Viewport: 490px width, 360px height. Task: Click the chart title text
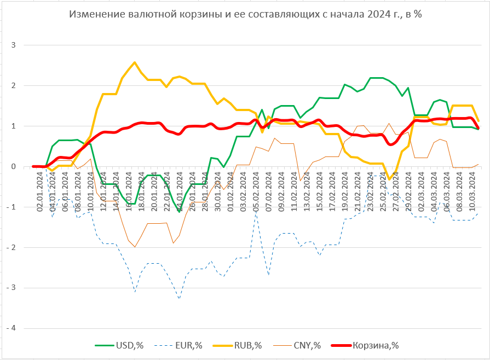[x=245, y=15]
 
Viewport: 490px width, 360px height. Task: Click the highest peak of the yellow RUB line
[x=135, y=62]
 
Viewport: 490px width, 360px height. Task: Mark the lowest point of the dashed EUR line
[x=179, y=298]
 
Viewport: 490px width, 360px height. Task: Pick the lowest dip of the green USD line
[x=179, y=212]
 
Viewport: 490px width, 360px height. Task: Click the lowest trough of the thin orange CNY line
[x=135, y=247]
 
